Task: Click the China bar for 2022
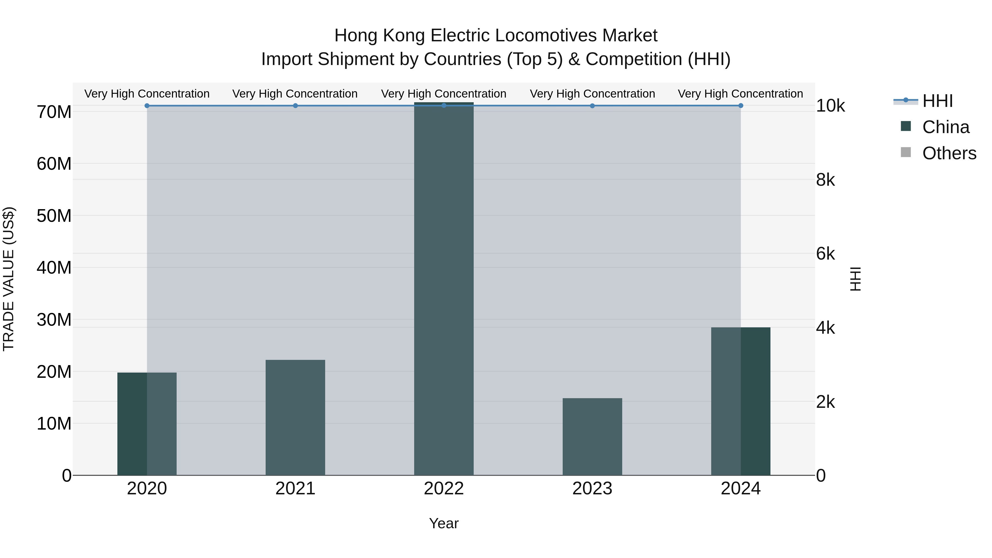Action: (x=444, y=289)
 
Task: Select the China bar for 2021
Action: (x=295, y=417)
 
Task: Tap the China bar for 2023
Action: (x=592, y=437)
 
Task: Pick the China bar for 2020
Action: (x=147, y=424)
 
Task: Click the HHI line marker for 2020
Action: (x=147, y=106)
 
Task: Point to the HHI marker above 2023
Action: (x=592, y=106)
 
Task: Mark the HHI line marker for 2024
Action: (x=740, y=106)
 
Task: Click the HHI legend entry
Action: (x=937, y=101)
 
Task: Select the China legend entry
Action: (x=945, y=127)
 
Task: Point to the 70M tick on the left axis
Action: (x=54, y=112)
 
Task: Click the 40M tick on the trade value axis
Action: (x=54, y=268)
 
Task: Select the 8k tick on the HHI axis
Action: (x=825, y=180)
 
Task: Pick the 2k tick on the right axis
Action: (x=825, y=402)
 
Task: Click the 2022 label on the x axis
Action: (x=444, y=489)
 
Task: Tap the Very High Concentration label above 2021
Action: (x=295, y=94)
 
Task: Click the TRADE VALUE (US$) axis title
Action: (x=9, y=279)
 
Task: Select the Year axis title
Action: (x=444, y=523)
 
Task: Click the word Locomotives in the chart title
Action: (x=546, y=36)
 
